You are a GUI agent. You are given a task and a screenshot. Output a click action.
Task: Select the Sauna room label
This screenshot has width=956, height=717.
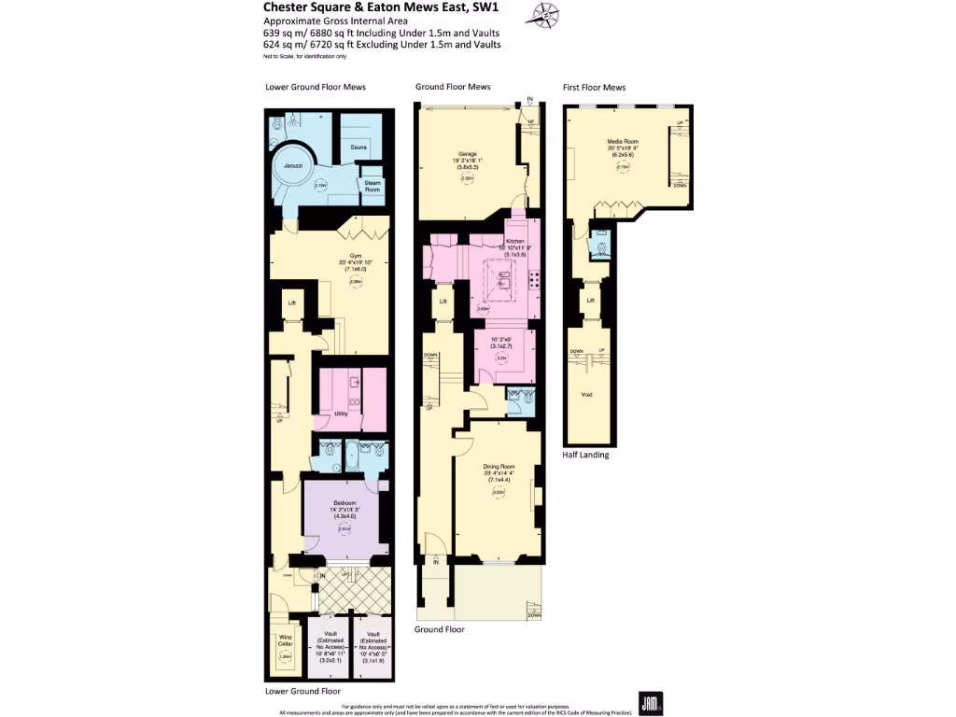pyautogui.click(x=358, y=147)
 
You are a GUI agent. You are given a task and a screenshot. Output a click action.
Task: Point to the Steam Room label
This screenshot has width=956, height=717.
pyautogui.click(x=373, y=185)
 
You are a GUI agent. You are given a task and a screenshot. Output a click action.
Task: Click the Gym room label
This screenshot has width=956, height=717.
pyautogui.click(x=355, y=255)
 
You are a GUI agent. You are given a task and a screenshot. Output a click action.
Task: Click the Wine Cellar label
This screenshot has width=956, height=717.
pyautogui.click(x=286, y=641)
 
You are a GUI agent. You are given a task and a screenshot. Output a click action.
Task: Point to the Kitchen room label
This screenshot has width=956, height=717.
pyautogui.click(x=515, y=240)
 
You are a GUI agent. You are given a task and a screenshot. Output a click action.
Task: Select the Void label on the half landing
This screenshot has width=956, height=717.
pyautogui.click(x=586, y=395)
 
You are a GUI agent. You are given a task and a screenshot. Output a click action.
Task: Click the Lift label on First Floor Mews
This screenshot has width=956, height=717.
pyautogui.click(x=590, y=300)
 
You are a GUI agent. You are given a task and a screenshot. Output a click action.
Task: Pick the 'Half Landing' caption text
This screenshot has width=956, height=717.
pyautogui.click(x=585, y=455)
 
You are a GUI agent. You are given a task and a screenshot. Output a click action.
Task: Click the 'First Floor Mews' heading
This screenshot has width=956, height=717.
pyautogui.click(x=594, y=87)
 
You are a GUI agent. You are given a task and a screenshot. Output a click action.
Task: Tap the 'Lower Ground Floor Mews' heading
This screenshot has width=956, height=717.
pyautogui.click(x=316, y=87)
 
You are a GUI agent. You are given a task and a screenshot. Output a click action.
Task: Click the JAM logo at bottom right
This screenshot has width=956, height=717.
pyautogui.click(x=651, y=703)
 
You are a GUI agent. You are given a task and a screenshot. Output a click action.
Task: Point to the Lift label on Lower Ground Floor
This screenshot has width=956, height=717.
pyautogui.click(x=291, y=302)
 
